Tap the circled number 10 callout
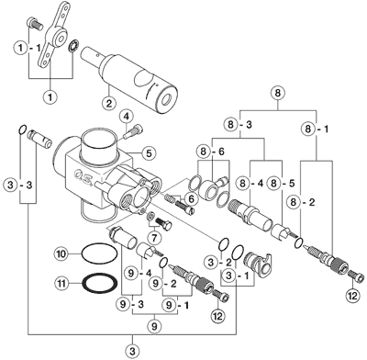coord(61,253)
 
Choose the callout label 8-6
coord(212,151)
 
